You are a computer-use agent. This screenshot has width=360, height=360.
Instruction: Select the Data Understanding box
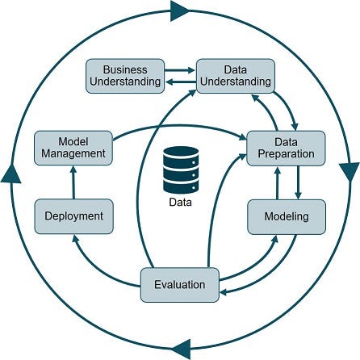[236, 75]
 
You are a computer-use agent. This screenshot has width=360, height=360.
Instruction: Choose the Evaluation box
[178, 284]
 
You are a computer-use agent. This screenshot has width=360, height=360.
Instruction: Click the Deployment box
[73, 216]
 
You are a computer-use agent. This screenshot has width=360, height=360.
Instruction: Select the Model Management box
[72, 147]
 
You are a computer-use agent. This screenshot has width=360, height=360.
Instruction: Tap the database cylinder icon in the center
[179, 167]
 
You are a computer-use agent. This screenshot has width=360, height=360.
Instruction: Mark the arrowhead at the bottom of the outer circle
[181, 349]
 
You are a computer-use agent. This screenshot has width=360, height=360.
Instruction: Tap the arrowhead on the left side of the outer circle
[10, 172]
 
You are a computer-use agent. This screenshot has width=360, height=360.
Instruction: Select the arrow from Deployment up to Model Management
[72, 182]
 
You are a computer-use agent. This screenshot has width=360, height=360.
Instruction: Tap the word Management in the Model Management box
[72, 153]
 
